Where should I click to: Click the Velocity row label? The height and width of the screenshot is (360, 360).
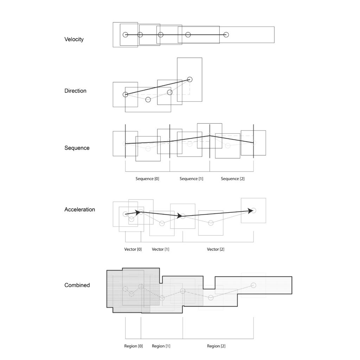(x=74, y=39)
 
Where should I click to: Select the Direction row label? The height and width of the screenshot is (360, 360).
(x=75, y=91)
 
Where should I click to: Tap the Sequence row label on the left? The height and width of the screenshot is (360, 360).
(x=77, y=148)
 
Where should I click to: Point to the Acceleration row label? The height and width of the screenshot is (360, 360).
(x=80, y=210)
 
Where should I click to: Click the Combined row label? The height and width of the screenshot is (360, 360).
(x=77, y=285)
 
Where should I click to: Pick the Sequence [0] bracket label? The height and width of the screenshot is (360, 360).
(x=147, y=179)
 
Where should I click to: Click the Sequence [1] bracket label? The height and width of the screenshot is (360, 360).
(x=191, y=179)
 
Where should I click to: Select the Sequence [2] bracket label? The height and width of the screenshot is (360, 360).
(x=233, y=179)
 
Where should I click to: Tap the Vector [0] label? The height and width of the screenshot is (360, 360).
(x=133, y=249)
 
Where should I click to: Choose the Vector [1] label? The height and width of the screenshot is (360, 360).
(x=160, y=249)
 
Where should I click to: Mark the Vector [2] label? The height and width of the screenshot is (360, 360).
(x=216, y=249)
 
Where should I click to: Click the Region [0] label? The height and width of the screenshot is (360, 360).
(x=133, y=346)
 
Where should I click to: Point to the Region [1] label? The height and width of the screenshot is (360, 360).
(x=161, y=346)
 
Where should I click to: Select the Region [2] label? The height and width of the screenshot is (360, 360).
(x=216, y=346)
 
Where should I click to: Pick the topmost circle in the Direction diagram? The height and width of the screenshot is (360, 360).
(x=189, y=77)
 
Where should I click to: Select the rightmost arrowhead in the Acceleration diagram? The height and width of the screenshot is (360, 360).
(x=250, y=211)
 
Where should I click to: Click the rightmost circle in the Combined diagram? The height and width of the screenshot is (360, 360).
(x=253, y=283)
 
